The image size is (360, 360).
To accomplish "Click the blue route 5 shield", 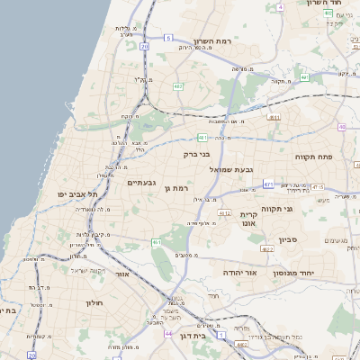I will [167, 37].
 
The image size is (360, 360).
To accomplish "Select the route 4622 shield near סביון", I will [267, 248].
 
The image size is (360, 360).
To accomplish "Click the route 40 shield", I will [341, 127].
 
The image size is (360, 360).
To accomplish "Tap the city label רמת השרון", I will [212, 41].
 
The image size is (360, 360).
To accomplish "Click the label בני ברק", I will [196, 155].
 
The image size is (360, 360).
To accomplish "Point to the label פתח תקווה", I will [314, 156].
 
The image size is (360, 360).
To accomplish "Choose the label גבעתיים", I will [142, 183].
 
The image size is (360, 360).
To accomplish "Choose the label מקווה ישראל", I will [87, 271].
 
